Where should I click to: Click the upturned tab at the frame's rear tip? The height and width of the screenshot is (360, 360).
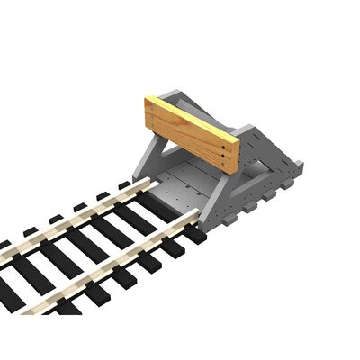pyautogui.click(x=298, y=166)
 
